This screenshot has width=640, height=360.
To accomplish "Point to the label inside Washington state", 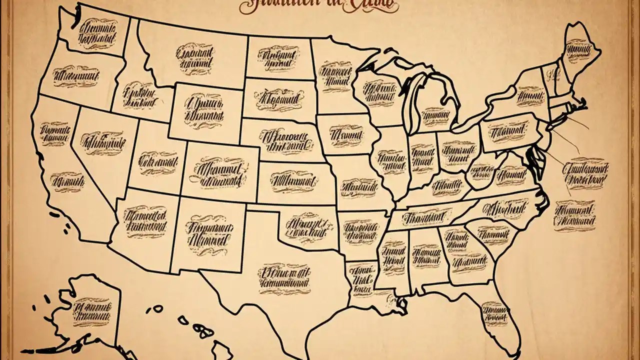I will [x=98, y=33].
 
